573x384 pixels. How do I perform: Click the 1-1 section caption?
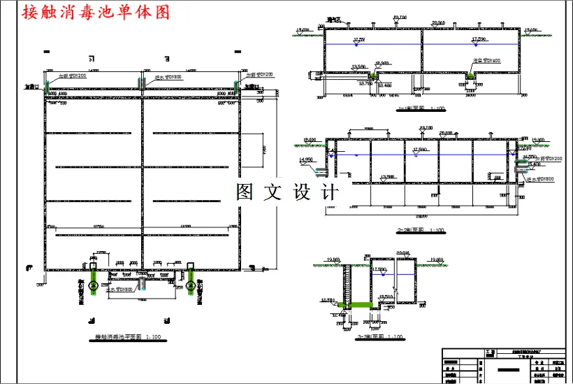tap(420, 108)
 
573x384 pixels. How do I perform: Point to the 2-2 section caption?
tap(420, 229)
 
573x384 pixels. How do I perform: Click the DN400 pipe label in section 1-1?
tap(487, 61)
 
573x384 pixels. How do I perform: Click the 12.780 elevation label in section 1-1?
tap(365, 83)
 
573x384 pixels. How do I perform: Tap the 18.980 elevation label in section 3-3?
tap(328, 299)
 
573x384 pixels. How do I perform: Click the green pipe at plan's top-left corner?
tap(49, 85)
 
